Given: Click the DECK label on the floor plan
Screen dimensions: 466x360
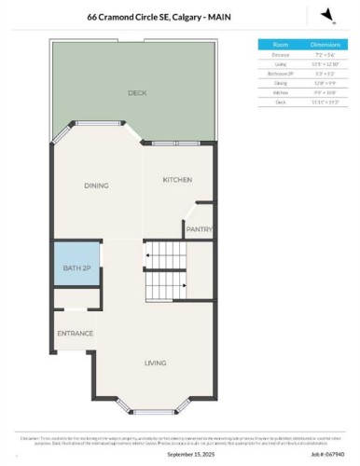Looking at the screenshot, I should [137, 93].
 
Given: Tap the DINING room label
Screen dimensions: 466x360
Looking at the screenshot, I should [96, 185].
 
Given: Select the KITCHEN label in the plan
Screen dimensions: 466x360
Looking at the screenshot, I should [177, 180].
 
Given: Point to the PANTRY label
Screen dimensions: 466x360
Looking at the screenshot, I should [199, 228].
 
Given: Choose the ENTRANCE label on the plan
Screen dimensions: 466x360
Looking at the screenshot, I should [75, 333].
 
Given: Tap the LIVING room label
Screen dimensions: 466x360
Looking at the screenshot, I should [156, 363].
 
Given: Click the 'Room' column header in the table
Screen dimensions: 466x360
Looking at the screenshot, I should [281, 44].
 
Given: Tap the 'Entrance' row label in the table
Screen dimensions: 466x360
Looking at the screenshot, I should [281, 55].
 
